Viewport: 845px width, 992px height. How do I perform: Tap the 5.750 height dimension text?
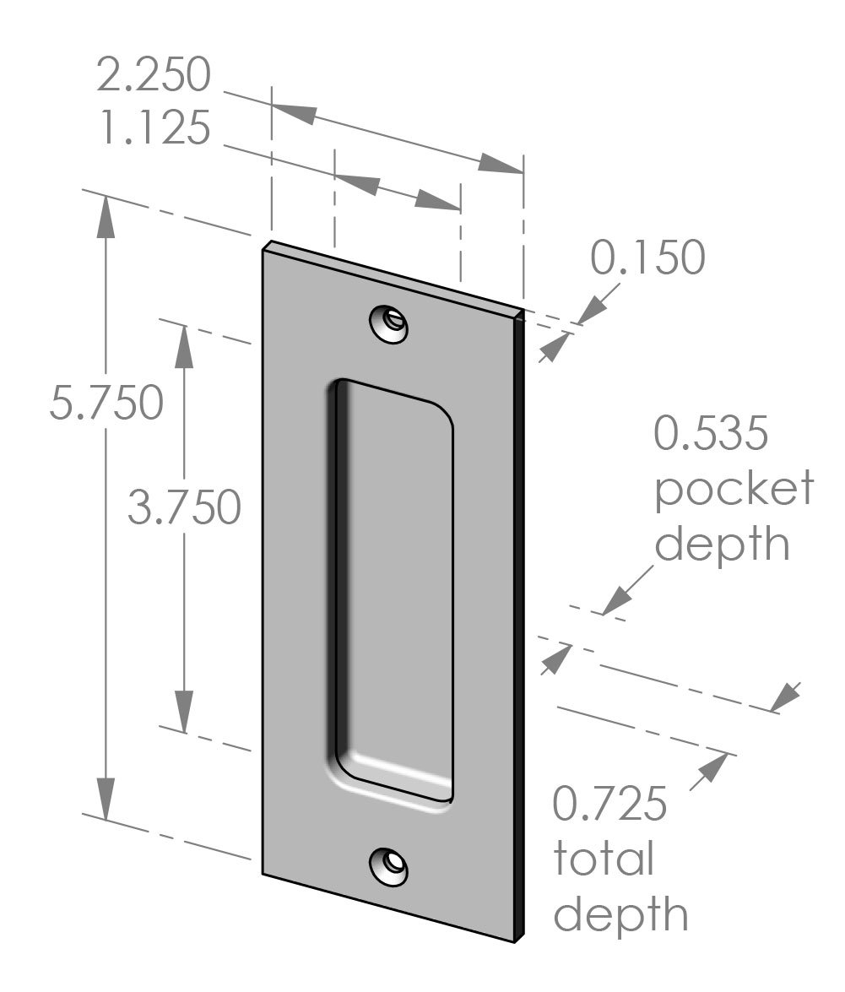[106, 403]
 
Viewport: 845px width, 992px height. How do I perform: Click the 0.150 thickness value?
[647, 258]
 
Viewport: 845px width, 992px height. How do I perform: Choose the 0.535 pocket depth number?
[712, 435]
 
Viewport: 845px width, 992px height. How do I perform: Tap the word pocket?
[734, 490]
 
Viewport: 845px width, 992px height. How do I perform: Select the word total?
[604, 859]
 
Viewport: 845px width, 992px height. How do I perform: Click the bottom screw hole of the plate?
[389, 866]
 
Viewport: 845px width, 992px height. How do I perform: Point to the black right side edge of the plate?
[521, 625]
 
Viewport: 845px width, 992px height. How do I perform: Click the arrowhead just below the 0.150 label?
[550, 348]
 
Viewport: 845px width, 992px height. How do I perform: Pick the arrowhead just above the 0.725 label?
[712, 769]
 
